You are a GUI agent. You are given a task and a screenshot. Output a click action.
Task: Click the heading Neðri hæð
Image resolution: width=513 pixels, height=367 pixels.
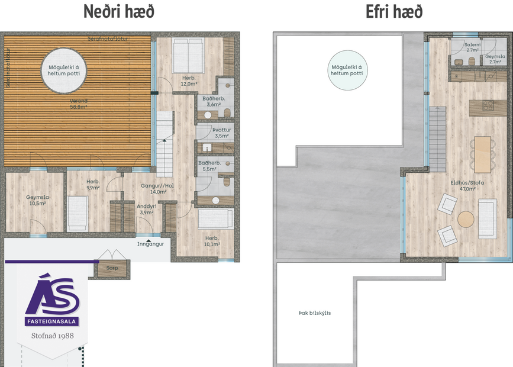[x=119, y=11]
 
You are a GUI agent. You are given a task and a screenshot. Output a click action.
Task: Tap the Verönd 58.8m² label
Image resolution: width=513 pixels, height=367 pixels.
[x=78, y=104]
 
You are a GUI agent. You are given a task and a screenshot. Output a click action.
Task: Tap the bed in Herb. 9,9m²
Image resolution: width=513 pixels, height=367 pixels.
[x=78, y=213]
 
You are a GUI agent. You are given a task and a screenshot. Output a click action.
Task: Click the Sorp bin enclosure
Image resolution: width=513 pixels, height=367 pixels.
[x=112, y=266]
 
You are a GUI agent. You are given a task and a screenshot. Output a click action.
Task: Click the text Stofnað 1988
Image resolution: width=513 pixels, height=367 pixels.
[x=51, y=336]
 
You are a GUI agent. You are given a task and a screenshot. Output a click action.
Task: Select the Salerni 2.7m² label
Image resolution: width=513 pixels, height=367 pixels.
[x=472, y=48]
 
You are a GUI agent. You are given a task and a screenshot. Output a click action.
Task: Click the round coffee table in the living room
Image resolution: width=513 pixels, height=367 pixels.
[x=466, y=219]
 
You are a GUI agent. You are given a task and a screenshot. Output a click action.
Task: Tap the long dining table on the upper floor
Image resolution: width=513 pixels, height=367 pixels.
[x=482, y=152]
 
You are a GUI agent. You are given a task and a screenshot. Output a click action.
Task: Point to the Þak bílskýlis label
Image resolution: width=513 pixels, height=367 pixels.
[x=315, y=313]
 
